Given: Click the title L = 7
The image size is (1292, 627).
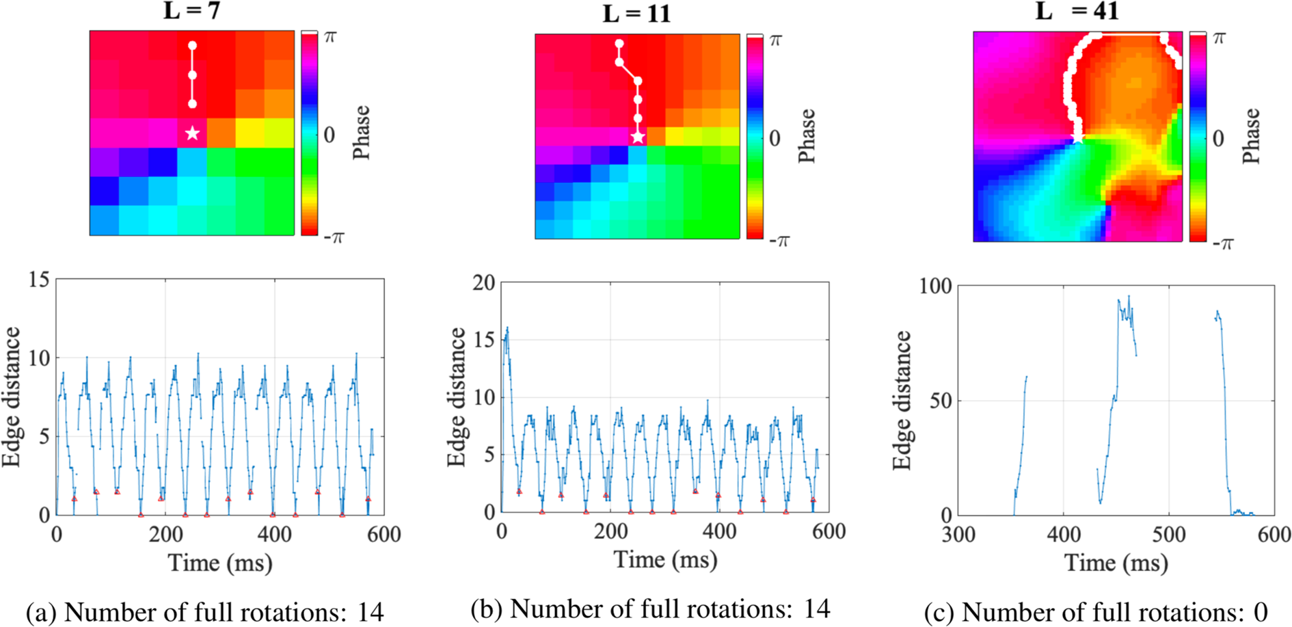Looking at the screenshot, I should [x=191, y=11].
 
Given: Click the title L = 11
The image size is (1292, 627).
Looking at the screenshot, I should [x=636, y=14].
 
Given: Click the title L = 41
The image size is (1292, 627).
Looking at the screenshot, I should [x=1077, y=11].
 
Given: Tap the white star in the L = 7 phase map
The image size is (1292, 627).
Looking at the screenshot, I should [x=193, y=133].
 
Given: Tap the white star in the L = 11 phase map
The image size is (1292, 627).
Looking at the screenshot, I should [x=638, y=137].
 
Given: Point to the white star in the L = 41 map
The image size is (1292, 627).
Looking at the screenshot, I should [x=1078, y=139].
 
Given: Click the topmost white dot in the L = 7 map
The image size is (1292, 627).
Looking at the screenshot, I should [x=193, y=46].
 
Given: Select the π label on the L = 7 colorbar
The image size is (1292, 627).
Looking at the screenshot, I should [x=330, y=37].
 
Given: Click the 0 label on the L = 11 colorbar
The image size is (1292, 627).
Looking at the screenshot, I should [x=775, y=138].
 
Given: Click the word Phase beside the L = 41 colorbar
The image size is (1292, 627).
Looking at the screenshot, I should [x=1250, y=136].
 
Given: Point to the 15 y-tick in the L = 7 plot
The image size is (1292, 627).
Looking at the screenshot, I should [x=39, y=279].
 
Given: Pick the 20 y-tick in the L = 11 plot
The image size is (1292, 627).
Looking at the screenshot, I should [x=483, y=282].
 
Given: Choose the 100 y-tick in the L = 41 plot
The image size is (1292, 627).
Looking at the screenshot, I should [x=935, y=286].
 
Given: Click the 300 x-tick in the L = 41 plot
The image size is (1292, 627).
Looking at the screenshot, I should [x=958, y=534].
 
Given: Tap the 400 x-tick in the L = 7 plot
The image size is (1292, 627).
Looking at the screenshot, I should [x=274, y=534].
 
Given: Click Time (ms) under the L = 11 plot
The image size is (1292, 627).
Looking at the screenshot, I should [x=665, y=560].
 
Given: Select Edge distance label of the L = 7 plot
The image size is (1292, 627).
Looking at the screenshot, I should [x=12, y=397].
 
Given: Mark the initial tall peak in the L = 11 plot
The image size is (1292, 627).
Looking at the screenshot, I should [x=507, y=330].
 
